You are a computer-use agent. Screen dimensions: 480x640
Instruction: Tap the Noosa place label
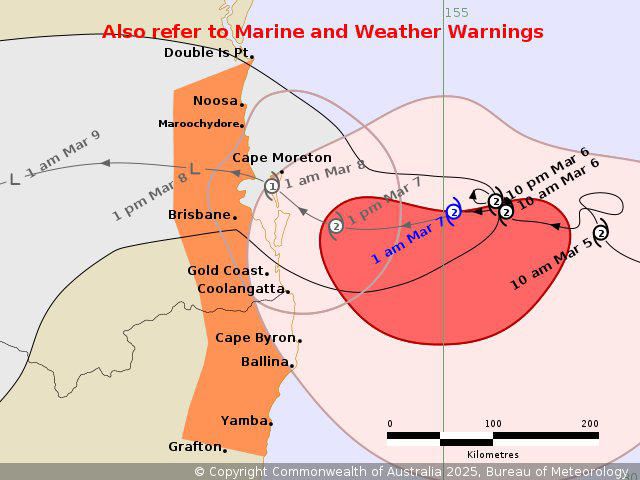(215, 101)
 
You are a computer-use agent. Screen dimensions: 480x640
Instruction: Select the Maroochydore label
(199, 124)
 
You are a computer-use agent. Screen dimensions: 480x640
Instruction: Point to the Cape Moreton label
(281, 158)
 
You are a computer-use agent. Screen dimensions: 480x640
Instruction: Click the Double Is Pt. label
(206, 53)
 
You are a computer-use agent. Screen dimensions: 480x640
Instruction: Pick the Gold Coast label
(226, 271)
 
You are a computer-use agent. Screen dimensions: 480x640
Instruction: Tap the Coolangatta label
(241, 289)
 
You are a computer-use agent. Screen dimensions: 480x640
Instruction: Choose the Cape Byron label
(255, 338)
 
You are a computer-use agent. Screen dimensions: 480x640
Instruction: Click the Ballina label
(264, 362)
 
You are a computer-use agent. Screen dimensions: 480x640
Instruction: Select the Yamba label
(245, 421)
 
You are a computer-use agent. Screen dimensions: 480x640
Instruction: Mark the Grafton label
(194, 446)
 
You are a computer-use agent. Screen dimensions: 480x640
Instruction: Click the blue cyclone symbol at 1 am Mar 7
(453, 212)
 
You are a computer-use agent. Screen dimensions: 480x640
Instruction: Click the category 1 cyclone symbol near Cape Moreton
(272, 186)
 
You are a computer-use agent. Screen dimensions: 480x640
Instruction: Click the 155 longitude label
(456, 12)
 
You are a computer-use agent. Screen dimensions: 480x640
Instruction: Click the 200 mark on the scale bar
(589, 423)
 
